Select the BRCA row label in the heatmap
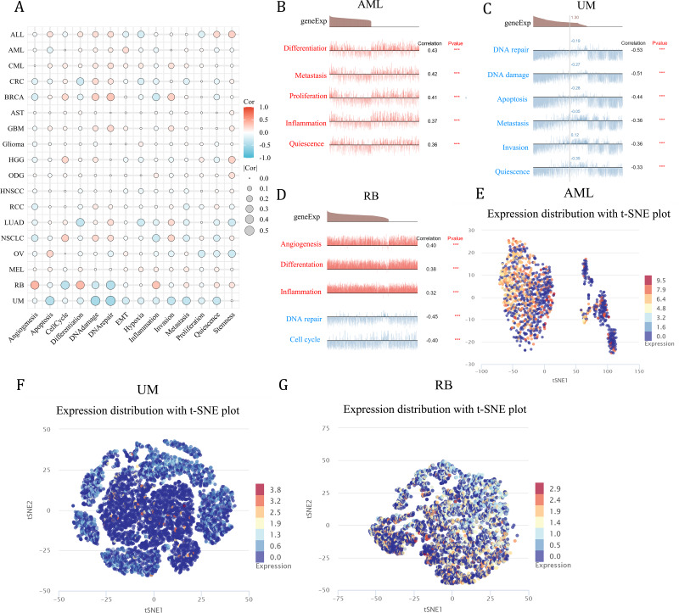click(12, 98)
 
